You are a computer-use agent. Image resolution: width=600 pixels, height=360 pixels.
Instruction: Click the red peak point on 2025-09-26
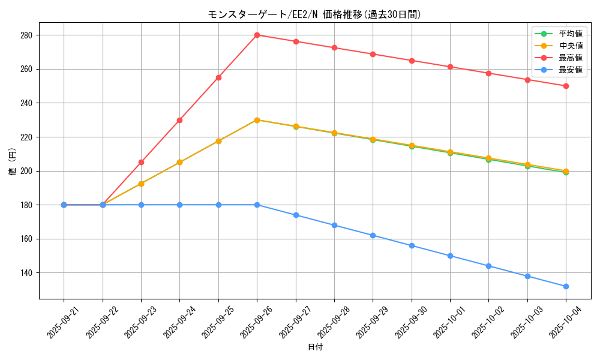(257, 35)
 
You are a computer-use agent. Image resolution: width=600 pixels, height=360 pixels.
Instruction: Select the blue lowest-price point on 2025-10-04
(566, 286)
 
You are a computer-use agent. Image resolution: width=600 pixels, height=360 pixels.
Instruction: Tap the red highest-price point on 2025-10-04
(566, 86)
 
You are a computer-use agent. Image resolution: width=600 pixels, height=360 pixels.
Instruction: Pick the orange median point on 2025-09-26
(257, 120)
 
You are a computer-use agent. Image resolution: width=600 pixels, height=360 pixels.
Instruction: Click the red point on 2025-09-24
(179, 120)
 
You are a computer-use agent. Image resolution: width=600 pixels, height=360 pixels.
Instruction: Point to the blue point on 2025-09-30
(412, 245)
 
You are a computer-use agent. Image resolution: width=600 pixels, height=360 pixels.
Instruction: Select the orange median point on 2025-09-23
(141, 184)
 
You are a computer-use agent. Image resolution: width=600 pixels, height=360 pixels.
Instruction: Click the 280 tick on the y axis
(26, 35)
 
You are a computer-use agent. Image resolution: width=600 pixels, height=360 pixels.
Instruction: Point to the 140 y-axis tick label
(26, 273)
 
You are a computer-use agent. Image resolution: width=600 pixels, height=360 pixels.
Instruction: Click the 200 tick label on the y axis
(26, 171)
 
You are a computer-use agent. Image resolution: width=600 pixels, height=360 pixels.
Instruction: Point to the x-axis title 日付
(315, 347)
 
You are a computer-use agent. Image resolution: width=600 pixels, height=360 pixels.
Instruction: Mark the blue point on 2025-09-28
(334, 225)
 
